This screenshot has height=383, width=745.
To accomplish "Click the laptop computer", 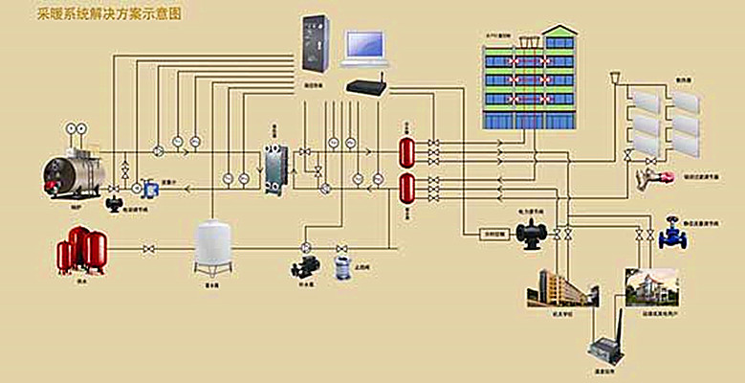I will coord(364,45).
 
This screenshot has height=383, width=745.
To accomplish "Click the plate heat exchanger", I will coord(278,169).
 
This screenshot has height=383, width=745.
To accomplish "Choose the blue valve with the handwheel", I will coord(669,231).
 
